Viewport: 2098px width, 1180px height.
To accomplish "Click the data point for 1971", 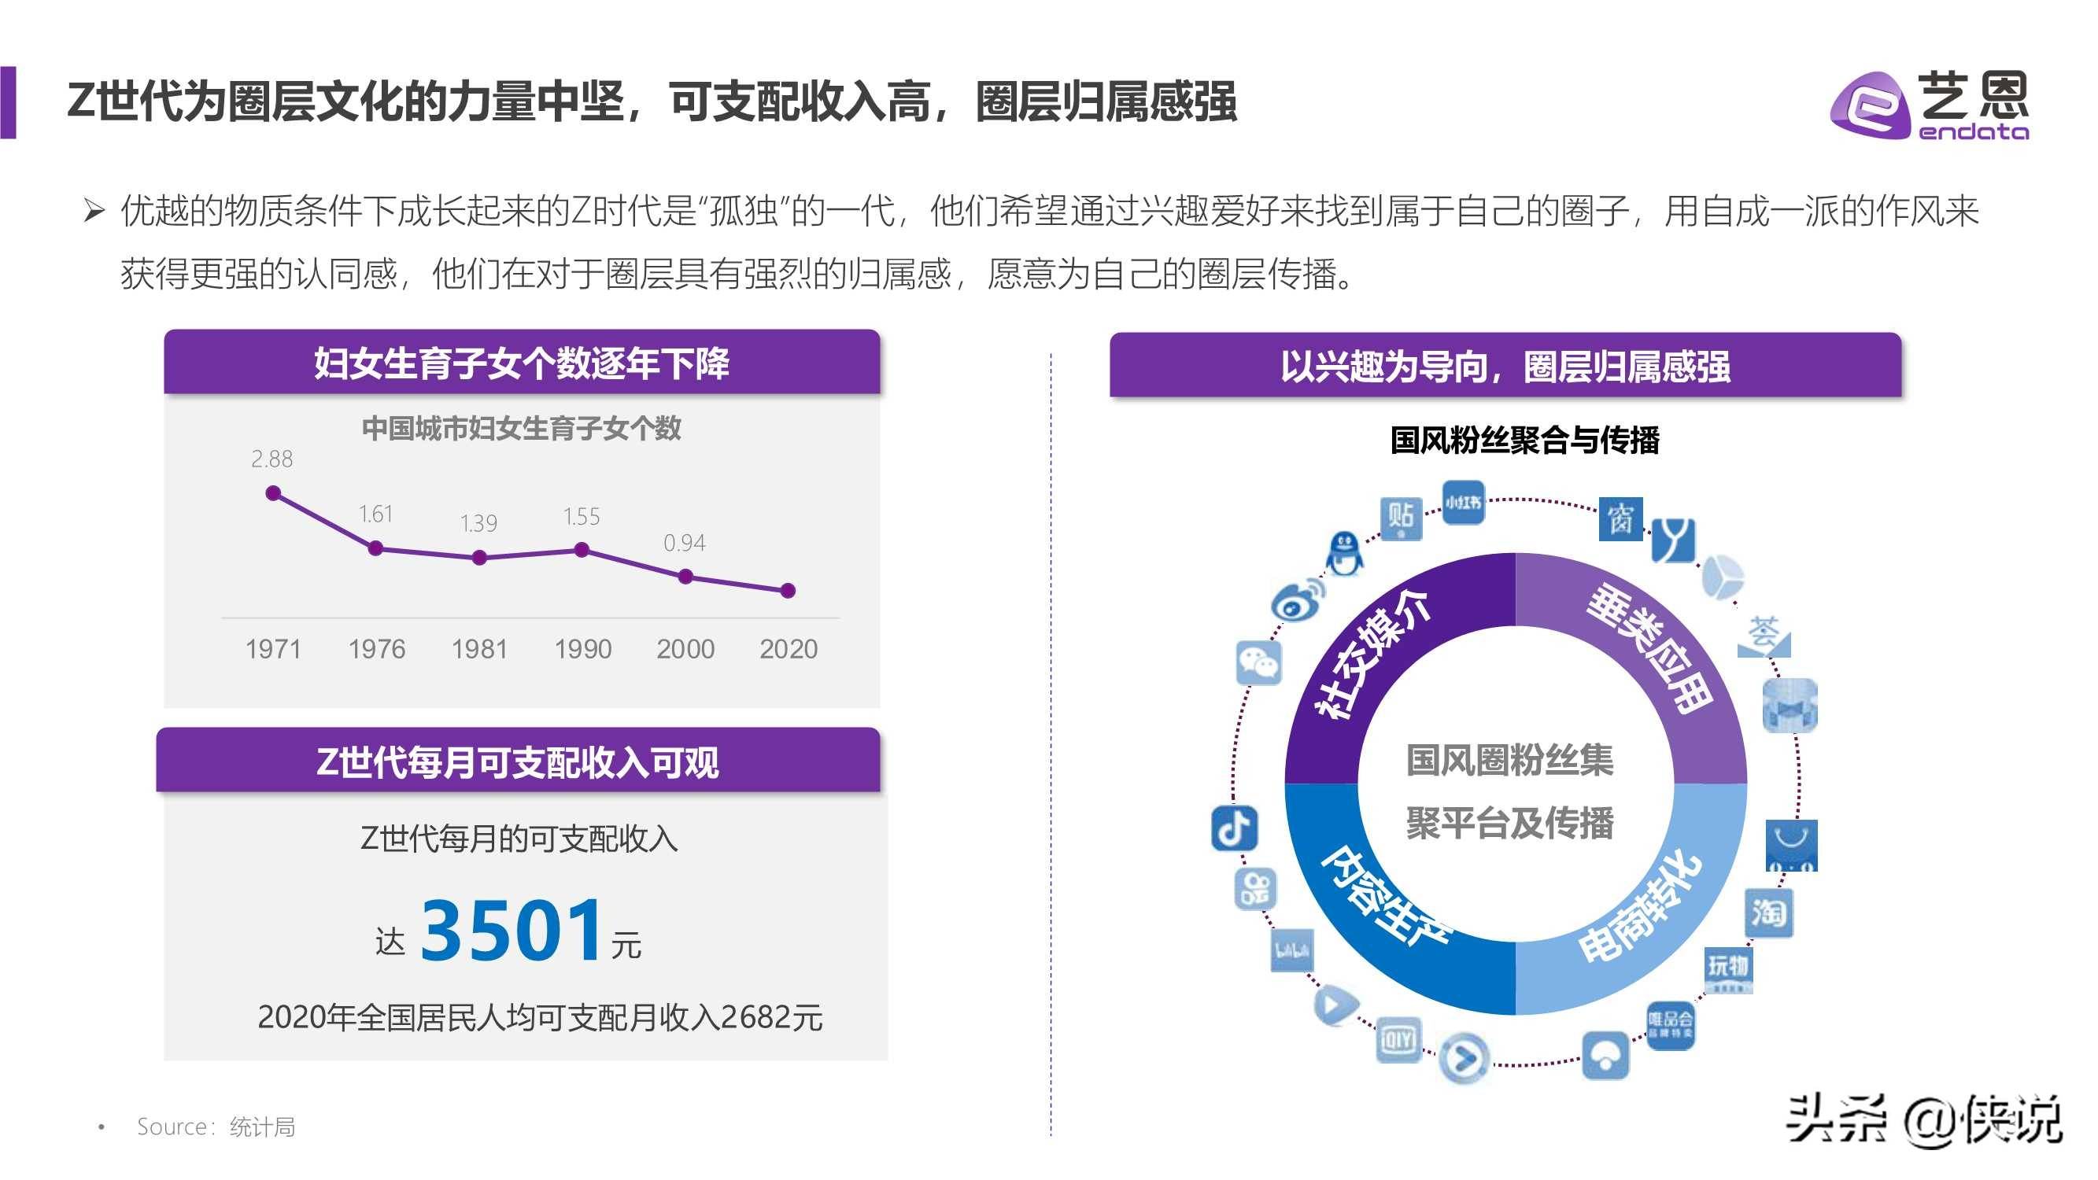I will pos(274,492).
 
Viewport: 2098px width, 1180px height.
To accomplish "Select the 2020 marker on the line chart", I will pos(788,591).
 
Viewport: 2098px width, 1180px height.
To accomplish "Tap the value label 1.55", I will pos(582,516).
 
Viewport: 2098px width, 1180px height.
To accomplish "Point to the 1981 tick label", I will pos(479,649).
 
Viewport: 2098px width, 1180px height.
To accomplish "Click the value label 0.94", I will pos(684,542).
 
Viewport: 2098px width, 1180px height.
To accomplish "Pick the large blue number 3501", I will pos(512,930).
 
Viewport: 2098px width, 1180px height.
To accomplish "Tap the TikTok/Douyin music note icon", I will pos(1234,829).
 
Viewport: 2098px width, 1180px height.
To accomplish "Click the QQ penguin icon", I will pos(1344,554).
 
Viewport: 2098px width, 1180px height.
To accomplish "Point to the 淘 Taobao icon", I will pos(1768,913).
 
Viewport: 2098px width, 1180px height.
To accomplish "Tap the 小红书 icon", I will pos(1463,503).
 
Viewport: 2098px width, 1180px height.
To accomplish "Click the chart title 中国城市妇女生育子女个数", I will pos(521,429).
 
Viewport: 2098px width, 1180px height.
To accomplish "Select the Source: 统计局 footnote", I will pos(216,1127).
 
